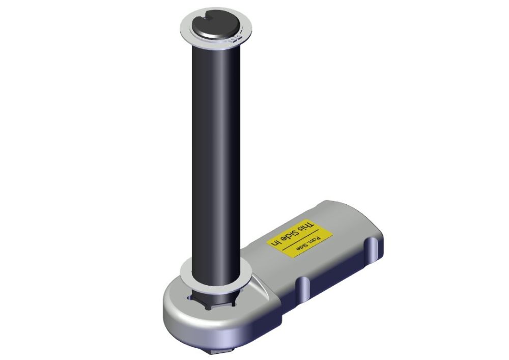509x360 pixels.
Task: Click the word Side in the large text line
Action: click(x=292, y=233)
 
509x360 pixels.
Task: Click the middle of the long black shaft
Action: click(x=216, y=153)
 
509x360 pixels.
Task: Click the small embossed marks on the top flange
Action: click(x=235, y=38)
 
